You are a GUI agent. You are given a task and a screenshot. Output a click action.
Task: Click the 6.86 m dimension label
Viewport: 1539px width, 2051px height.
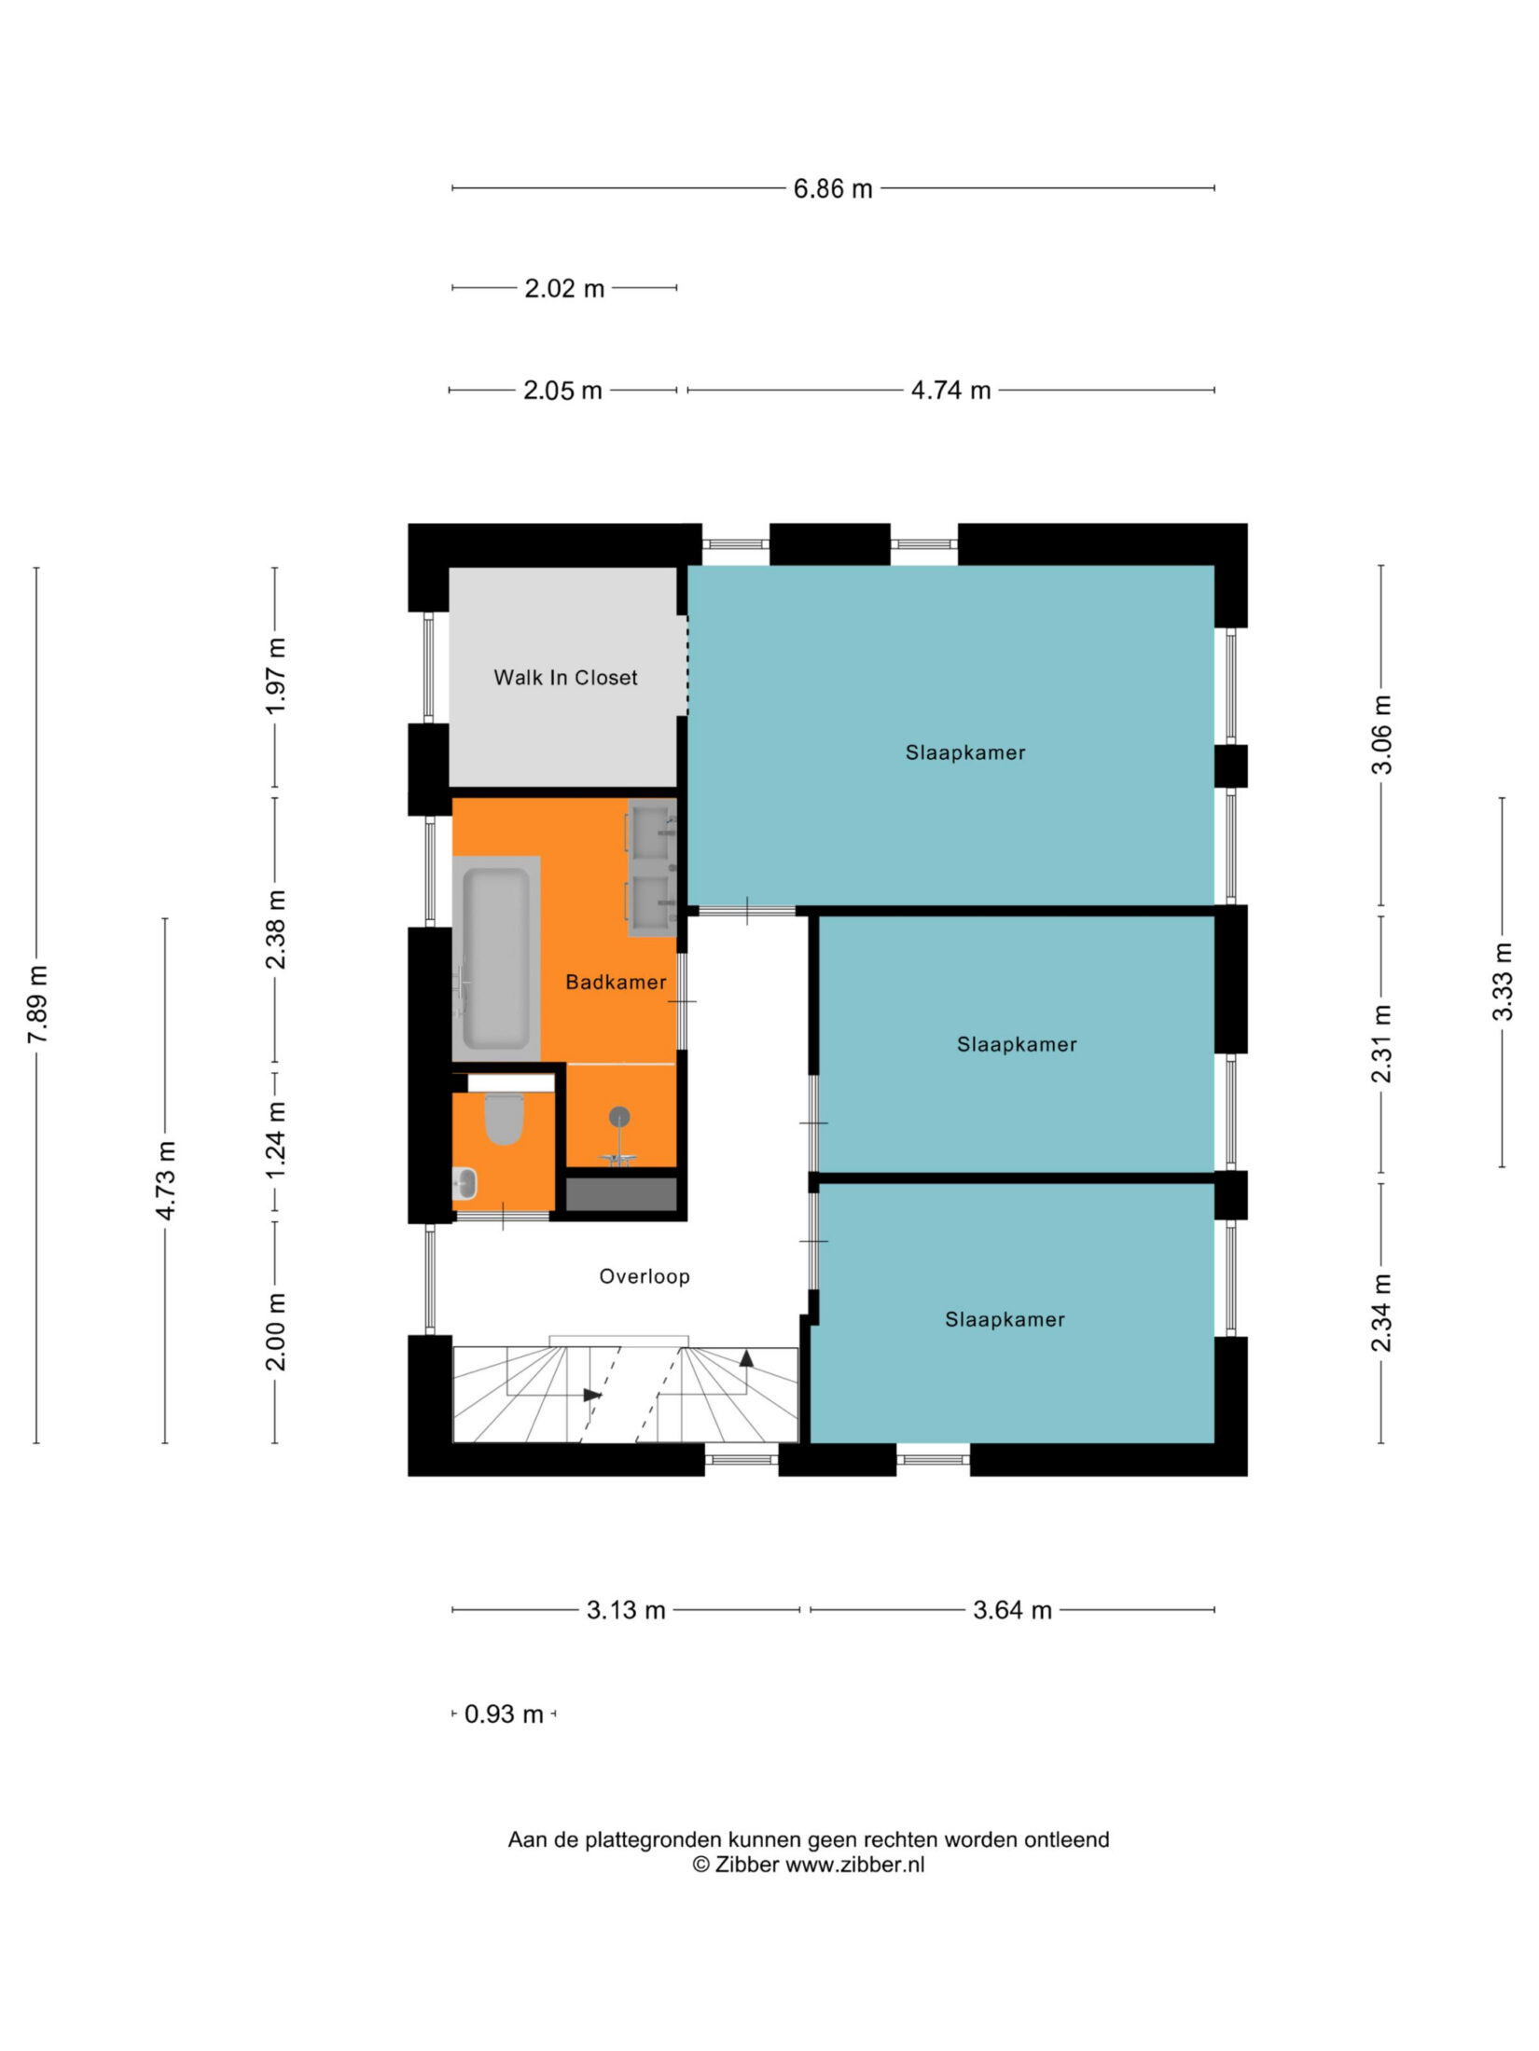coord(832,189)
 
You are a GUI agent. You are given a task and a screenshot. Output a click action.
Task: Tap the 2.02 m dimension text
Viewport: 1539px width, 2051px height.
coord(564,289)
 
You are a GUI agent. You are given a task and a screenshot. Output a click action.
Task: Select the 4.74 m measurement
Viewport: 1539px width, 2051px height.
coord(950,391)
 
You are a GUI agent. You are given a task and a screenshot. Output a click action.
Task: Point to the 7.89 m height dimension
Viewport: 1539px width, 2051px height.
coord(37,1005)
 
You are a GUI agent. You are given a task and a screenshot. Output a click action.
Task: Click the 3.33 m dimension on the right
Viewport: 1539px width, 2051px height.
coord(1502,982)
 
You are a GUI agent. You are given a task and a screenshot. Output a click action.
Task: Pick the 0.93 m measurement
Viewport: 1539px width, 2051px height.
coord(504,1714)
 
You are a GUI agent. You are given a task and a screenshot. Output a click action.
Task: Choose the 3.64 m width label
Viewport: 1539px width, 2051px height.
coord(1012,1610)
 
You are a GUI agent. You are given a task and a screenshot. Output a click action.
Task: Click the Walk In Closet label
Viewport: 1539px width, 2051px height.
coord(565,678)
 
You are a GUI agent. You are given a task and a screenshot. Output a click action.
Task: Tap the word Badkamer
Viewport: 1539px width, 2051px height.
coord(616,982)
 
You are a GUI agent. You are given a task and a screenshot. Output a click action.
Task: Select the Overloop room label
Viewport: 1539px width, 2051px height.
coord(645,1276)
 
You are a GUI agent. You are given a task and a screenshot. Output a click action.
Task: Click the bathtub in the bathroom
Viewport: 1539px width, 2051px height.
coord(496,958)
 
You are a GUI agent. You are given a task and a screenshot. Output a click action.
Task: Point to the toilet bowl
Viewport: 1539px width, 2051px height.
coord(505,1119)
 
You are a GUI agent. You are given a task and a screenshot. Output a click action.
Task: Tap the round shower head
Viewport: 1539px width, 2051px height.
coord(619,1116)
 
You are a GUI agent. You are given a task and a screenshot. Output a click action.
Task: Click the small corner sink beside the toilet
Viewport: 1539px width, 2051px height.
coord(464,1184)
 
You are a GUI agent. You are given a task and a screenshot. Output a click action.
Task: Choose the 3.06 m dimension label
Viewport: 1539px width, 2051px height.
coord(1381,735)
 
